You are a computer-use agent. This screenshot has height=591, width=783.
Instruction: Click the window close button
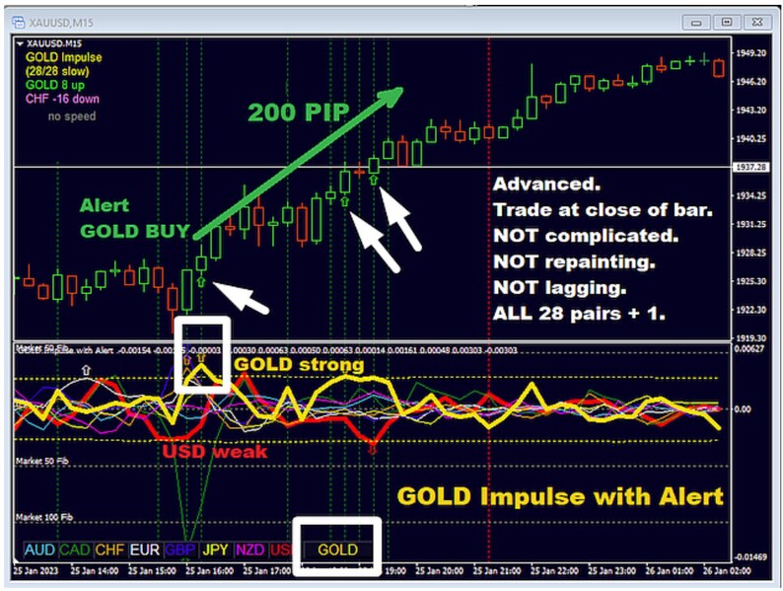752,21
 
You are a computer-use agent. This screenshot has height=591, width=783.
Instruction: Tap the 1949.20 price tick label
752,53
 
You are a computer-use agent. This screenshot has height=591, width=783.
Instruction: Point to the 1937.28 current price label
752,168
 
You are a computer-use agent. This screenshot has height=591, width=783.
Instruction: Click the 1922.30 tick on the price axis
752,310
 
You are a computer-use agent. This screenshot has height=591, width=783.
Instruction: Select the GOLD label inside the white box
338,549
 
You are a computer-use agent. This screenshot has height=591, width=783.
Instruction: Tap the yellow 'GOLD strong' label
299,364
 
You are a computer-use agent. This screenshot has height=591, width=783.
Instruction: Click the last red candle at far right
719,68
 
